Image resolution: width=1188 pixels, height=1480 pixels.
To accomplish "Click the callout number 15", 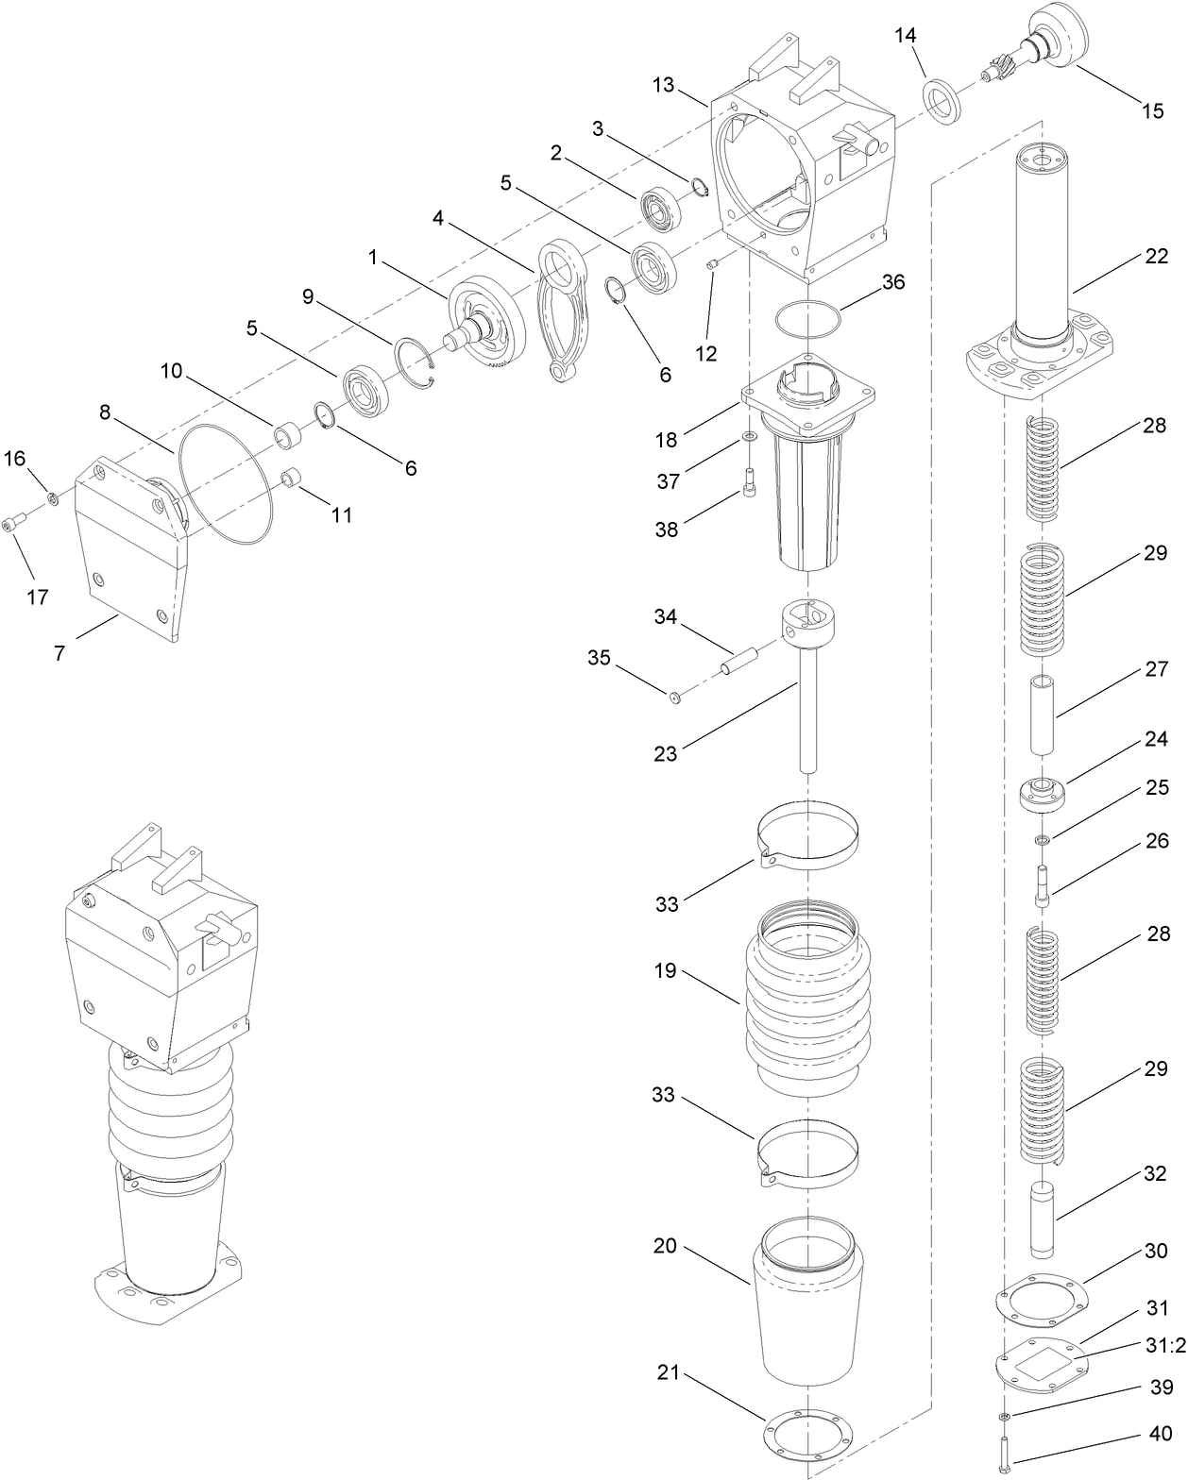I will [1153, 110].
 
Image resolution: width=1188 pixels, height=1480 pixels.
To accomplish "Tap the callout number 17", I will [38, 597].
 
